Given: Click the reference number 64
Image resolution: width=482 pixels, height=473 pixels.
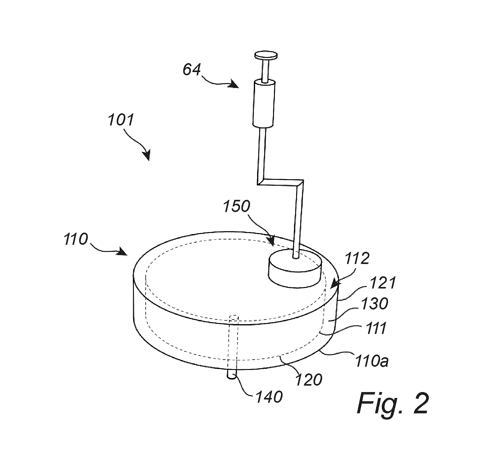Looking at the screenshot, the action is (x=191, y=70).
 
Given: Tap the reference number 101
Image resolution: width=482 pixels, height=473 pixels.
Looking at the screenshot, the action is (x=121, y=120).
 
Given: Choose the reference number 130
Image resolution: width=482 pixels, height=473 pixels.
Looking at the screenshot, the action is (x=374, y=304).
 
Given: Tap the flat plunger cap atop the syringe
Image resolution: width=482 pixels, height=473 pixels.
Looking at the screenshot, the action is (x=266, y=55).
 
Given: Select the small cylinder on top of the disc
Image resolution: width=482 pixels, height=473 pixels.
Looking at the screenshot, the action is (x=294, y=268).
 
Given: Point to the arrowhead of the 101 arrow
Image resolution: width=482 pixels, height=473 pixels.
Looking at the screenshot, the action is (x=146, y=156).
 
